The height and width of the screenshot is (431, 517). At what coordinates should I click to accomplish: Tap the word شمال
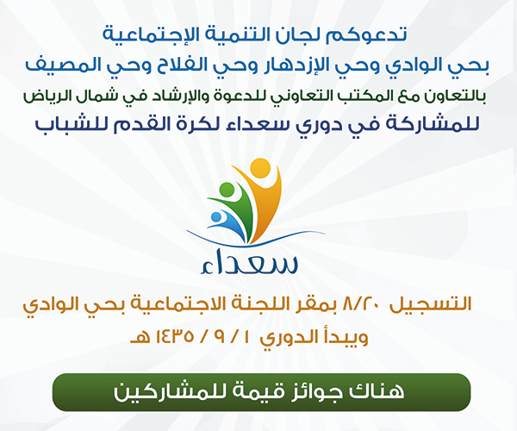pos(90,97)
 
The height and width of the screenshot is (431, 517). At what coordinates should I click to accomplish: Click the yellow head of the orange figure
pos(260,168)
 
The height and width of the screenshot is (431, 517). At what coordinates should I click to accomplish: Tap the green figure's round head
pos(227,190)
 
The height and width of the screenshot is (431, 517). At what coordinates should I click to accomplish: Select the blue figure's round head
pos(216,217)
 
